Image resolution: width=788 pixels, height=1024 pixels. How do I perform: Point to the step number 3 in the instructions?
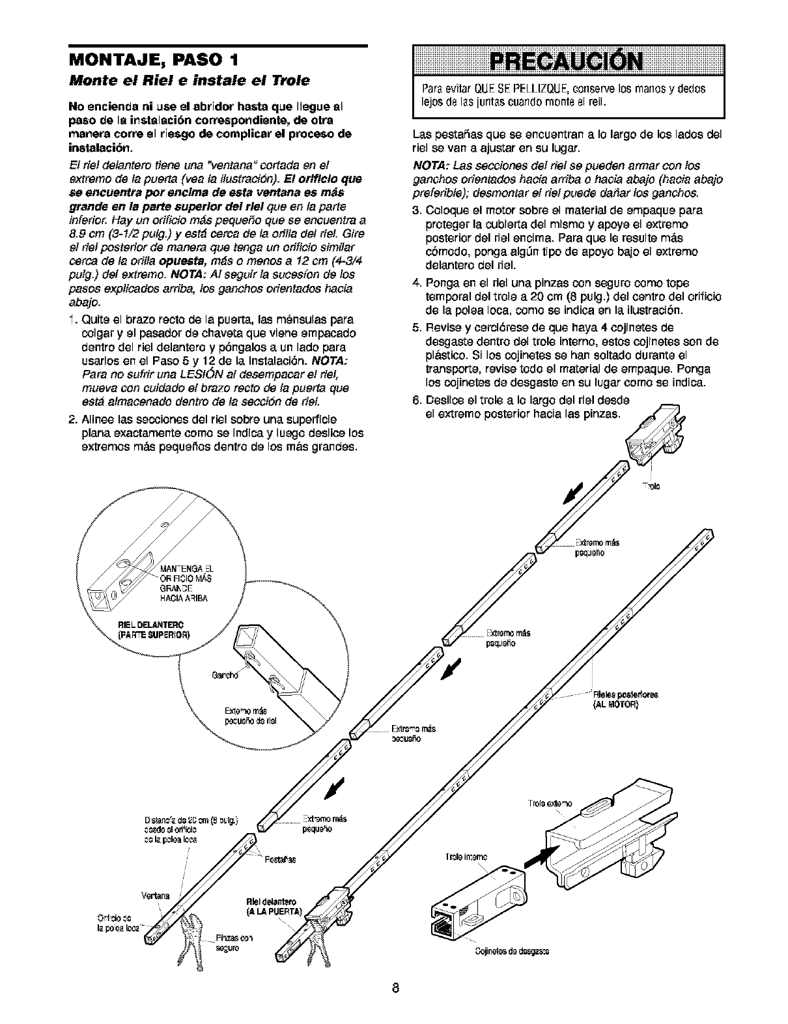[416, 210]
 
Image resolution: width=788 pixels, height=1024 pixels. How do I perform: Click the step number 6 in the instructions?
[416, 399]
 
